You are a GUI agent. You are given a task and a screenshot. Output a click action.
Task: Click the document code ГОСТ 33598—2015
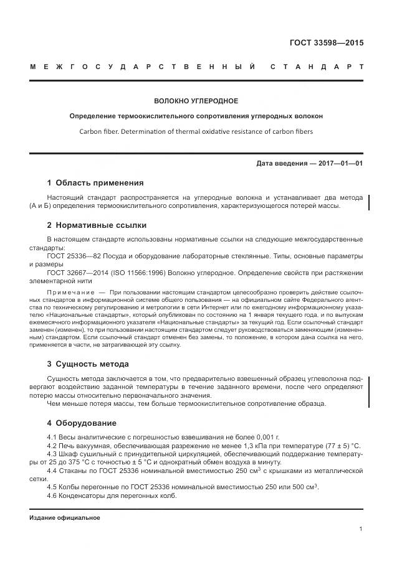pyautogui.click(x=326, y=43)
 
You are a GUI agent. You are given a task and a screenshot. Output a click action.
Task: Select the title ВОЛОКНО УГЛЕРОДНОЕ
pyautogui.click(x=196, y=100)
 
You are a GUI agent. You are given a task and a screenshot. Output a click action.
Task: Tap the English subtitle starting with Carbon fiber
pyautogui.click(x=196, y=132)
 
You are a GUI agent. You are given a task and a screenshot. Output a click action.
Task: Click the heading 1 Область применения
pyautogui.click(x=95, y=183)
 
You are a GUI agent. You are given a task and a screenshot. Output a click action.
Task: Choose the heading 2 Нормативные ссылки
pyautogui.click(x=97, y=225)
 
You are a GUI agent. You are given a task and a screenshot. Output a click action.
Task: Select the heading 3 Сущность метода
pyautogui.click(x=88, y=364)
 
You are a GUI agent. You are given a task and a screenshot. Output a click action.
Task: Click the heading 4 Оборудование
pyautogui.click(x=81, y=423)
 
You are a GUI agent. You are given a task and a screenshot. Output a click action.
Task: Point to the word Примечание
pyautogui.click(x=69, y=292)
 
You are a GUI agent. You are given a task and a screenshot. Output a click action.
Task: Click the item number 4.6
pyautogui.click(x=53, y=495)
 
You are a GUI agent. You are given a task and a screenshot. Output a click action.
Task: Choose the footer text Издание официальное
pyautogui.click(x=64, y=518)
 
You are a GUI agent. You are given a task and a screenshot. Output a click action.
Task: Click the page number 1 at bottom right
pyautogui.click(x=361, y=528)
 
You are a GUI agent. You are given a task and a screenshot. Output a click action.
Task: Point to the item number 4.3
pyautogui.click(x=53, y=454)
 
